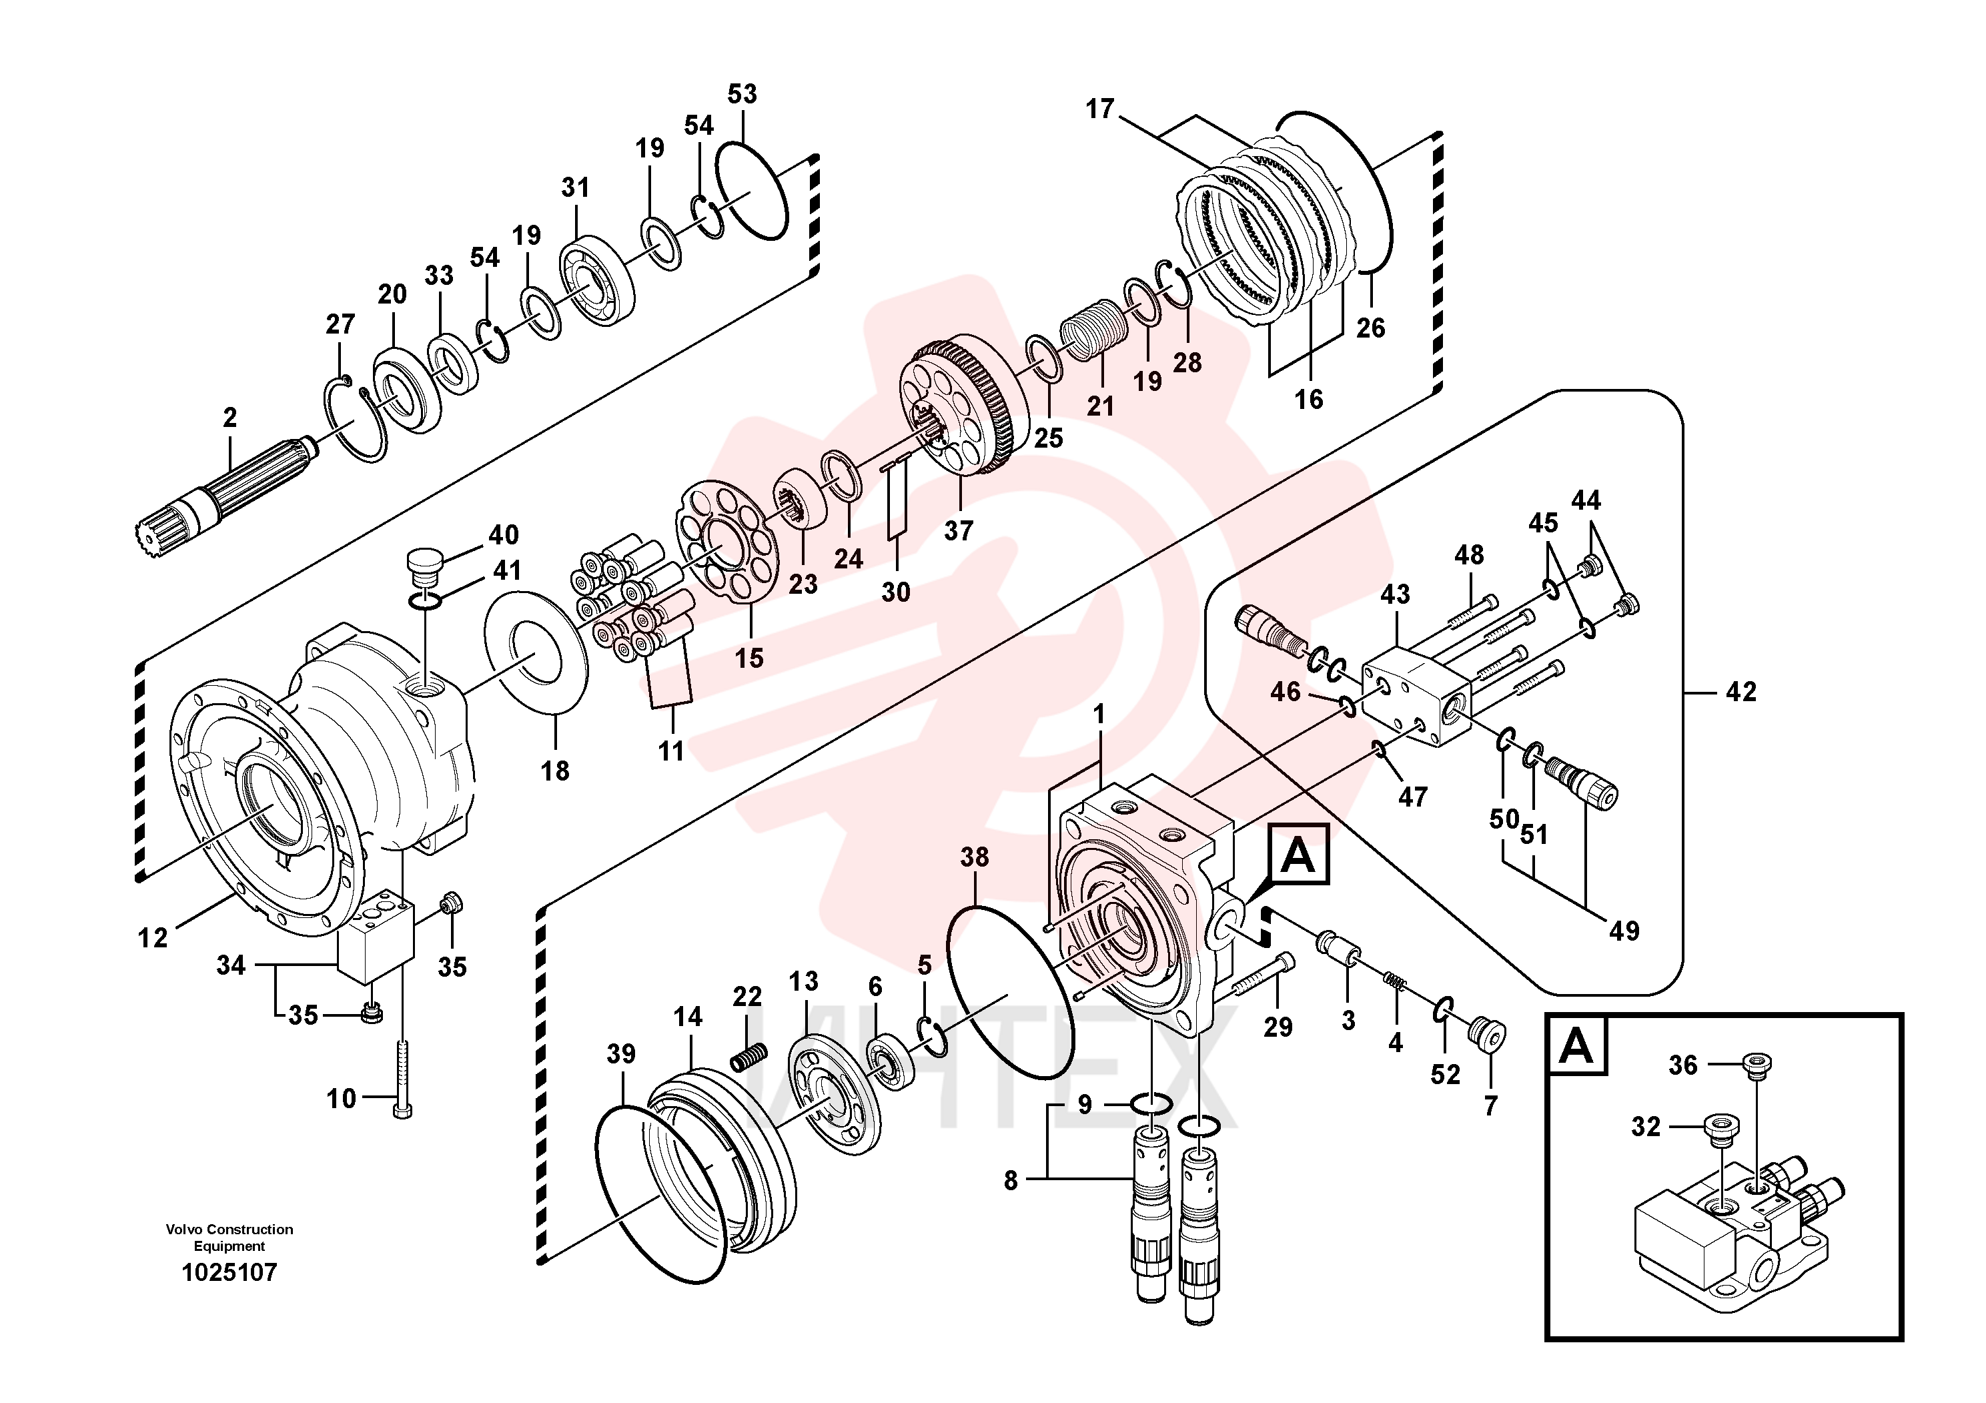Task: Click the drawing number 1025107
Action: [229, 1272]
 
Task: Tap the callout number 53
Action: [742, 93]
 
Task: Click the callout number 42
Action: [1741, 691]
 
